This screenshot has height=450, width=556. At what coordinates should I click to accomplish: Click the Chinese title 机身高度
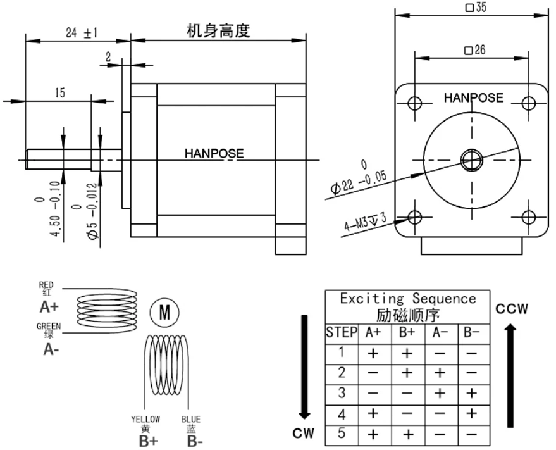pyautogui.click(x=218, y=30)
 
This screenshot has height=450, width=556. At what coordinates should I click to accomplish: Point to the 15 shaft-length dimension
pyautogui.click(x=59, y=93)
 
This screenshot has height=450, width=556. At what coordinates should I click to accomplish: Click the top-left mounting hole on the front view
pyautogui.click(x=416, y=103)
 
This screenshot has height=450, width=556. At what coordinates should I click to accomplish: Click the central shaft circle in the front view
pyautogui.click(x=472, y=160)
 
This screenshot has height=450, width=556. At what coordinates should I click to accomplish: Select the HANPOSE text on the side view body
pyautogui.click(x=214, y=153)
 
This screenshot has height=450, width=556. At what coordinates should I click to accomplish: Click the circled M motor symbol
pyautogui.click(x=164, y=312)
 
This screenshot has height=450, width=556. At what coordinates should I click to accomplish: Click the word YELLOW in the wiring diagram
pyautogui.click(x=145, y=419)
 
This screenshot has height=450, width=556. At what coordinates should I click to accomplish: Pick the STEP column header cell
pyautogui.click(x=342, y=332)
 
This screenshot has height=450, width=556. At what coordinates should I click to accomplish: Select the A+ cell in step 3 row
pyautogui.click(x=373, y=393)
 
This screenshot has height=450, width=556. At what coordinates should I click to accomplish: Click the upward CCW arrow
pyautogui.click(x=511, y=367)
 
